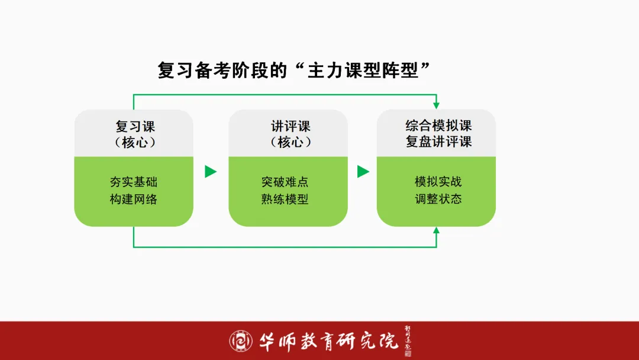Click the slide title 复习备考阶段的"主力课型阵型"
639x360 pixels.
point(293,70)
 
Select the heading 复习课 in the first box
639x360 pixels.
point(135,126)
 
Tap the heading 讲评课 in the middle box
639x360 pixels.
point(291,126)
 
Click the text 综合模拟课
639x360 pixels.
point(438,126)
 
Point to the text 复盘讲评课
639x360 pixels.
point(438,142)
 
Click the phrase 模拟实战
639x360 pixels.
point(438,182)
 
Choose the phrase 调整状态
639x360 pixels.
point(438,199)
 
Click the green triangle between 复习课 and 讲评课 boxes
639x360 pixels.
point(211,172)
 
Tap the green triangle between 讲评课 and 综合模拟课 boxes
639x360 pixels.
point(363,172)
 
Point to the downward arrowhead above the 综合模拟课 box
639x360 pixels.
point(437,105)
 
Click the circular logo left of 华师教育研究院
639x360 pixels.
point(241,340)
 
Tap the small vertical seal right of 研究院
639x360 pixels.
point(407,340)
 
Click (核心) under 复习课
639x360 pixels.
point(135,142)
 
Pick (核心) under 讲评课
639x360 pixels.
point(291,142)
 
